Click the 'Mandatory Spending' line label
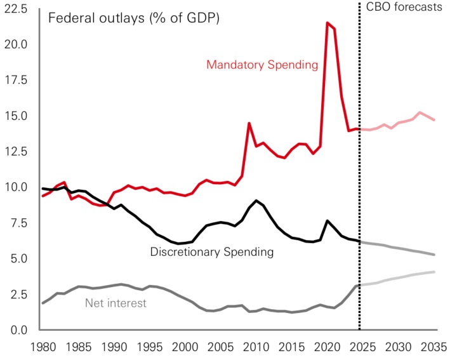(261, 65)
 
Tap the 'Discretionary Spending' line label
(211, 252)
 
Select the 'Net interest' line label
(116, 303)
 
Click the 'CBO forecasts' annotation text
(404, 8)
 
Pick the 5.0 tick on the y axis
(18, 259)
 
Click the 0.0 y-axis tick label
(18, 330)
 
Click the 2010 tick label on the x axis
(255, 348)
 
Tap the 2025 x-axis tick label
(361, 348)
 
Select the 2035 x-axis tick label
(431, 348)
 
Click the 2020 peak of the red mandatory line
(327, 23)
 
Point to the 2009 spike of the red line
(249, 123)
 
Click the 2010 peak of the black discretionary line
(256, 201)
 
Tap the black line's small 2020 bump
(326, 221)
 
